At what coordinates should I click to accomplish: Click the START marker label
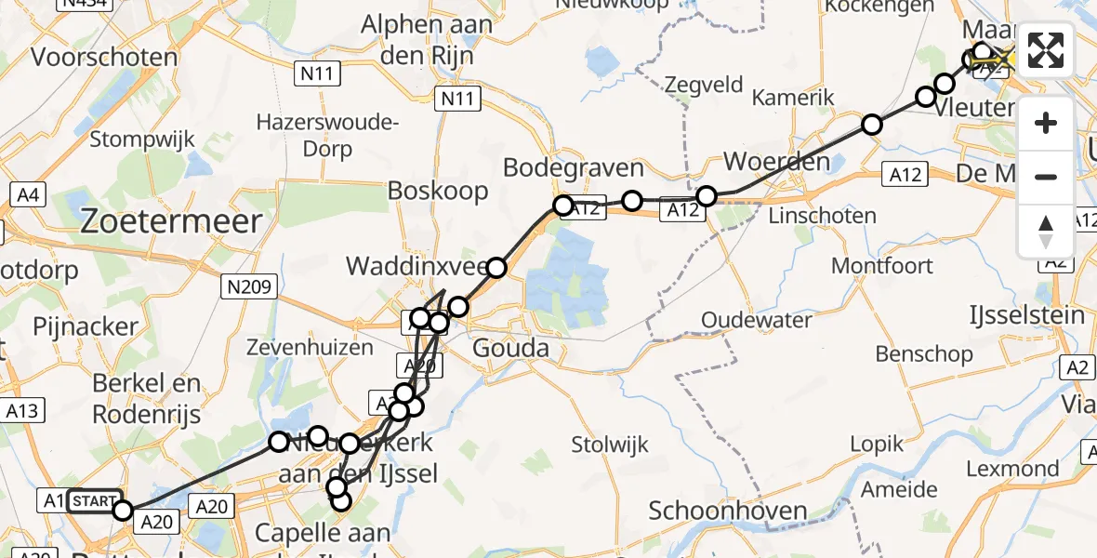(x=94, y=501)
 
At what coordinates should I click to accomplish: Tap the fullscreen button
(x=1046, y=50)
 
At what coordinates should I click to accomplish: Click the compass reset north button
(x=1046, y=232)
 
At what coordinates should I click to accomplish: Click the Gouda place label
(x=511, y=350)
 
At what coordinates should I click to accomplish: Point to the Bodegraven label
(x=574, y=168)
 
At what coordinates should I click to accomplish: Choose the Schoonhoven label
(x=728, y=511)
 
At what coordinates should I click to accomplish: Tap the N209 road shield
(x=248, y=287)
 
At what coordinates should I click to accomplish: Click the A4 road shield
(x=27, y=195)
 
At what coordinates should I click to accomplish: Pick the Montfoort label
(x=881, y=266)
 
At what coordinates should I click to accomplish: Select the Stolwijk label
(x=611, y=445)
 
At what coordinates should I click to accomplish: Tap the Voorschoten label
(x=104, y=58)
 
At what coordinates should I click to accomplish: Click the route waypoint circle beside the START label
(x=123, y=509)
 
